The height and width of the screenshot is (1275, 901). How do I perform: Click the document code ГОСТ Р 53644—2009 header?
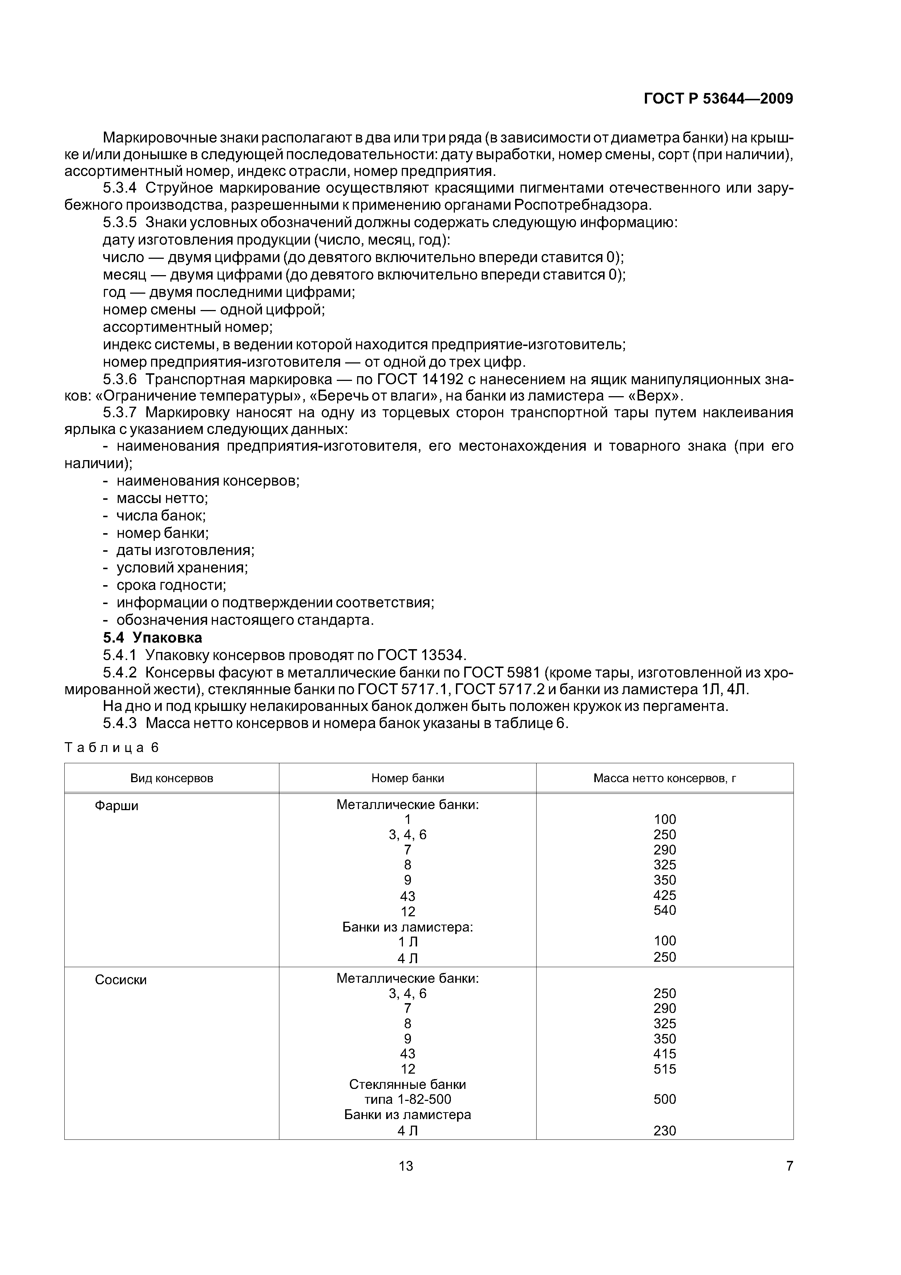pos(718,99)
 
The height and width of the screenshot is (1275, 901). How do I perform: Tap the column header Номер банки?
pos(408,778)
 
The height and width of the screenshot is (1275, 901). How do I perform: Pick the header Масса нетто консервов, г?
pos(664,778)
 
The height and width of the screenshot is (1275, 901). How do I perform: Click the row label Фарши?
pos(117,806)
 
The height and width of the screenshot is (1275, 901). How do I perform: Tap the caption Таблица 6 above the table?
pos(112,748)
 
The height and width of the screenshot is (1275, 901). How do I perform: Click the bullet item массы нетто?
pos(162,498)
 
